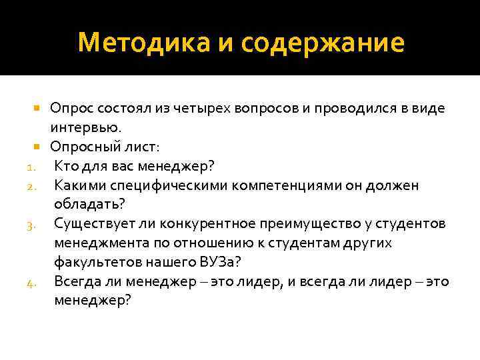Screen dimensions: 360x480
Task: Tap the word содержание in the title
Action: click(323, 43)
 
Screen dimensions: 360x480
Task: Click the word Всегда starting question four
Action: click(76, 281)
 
